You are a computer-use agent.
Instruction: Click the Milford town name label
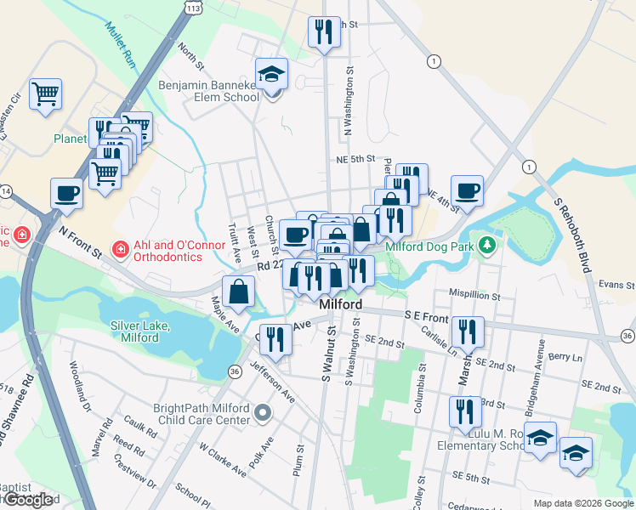click(340, 304)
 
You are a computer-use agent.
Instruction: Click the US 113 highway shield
click(194, 8)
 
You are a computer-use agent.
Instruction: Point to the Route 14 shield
click(4, 192)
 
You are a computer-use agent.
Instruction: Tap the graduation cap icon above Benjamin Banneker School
click(272, 74)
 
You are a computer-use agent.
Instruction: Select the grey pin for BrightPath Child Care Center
click(263, 415)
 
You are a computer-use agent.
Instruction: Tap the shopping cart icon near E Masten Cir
click(46, 93)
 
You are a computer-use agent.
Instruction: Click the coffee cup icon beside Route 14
click(67, 194)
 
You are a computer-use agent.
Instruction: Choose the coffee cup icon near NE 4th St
click(466, 190)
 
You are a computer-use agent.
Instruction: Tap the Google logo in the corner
click(29, 500)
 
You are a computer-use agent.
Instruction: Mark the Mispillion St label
click(475, 297)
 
